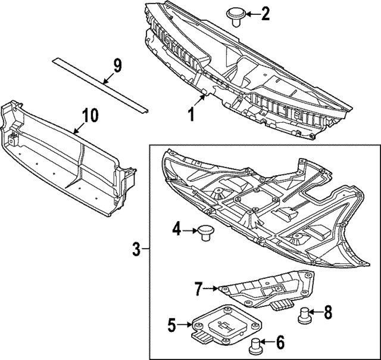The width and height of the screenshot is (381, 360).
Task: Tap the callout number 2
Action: click(x=266, y=13)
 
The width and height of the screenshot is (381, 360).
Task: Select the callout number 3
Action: click(x=136, y=249)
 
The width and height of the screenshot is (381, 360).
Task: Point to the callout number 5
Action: click(x=171, y=325)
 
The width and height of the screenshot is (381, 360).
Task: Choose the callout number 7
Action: click(x=199, y=290)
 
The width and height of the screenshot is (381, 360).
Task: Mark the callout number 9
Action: click(x=117, y=65)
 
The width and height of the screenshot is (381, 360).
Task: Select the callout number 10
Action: click(x=89, y=116)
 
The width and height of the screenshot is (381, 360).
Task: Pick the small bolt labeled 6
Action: click(x=255, y=344)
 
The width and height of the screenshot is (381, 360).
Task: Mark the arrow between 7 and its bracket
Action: click(x=212, y=290)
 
